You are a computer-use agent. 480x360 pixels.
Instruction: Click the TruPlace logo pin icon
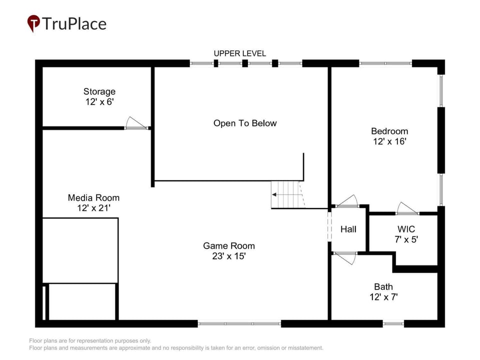(x=33, y=23)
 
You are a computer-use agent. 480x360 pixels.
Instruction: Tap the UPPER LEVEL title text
(x=239, y=53)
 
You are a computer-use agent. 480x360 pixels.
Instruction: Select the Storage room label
(x=99, y=91)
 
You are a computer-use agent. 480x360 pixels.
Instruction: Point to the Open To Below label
(x=245, y=123)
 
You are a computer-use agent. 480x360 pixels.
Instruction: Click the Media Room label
(x=93, y=198)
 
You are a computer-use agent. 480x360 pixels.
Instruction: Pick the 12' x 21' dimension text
(x=93, y=208)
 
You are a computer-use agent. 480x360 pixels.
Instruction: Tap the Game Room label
(x=229, y=246)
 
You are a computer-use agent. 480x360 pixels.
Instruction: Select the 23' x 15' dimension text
(x=229, y=256)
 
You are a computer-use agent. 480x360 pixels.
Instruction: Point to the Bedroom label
(x=389, y=131)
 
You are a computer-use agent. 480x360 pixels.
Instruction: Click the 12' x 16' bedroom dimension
(x=389, y=141)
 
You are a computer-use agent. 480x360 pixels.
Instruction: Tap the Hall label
(x=348, y=229)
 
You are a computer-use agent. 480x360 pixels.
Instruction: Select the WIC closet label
(x=406, y=229)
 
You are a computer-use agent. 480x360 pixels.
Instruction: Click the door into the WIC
(x=408, y=208)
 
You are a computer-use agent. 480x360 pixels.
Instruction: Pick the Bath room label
(x=383, y=287)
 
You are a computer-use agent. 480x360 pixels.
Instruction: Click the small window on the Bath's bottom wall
(x=393, y=323)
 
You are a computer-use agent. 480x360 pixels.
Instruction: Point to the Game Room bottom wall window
(x=239, y=323)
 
